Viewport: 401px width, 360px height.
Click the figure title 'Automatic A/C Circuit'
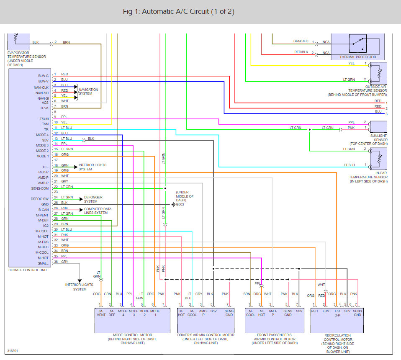coord(183,12)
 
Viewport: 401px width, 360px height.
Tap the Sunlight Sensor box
coord(378,127)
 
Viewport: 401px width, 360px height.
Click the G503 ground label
coord(180,205)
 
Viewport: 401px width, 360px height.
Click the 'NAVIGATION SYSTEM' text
coord(88,91)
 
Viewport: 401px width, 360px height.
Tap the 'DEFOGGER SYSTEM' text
coord(93,199)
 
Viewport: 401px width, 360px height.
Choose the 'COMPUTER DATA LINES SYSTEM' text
coord(95,211)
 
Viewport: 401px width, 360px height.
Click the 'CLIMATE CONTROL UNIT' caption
coord(28,270)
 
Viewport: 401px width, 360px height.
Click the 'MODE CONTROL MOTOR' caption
coord(132,335)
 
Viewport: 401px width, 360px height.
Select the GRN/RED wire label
coord(301,41)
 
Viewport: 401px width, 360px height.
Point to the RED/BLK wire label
coord(301,52)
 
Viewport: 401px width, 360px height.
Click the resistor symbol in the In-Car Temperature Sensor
coord(380,159)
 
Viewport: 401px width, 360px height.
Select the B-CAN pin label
coord(44,209)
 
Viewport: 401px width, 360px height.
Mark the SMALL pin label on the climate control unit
coord(43,263)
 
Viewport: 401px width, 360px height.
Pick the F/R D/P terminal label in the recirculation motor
coord(337,313)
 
